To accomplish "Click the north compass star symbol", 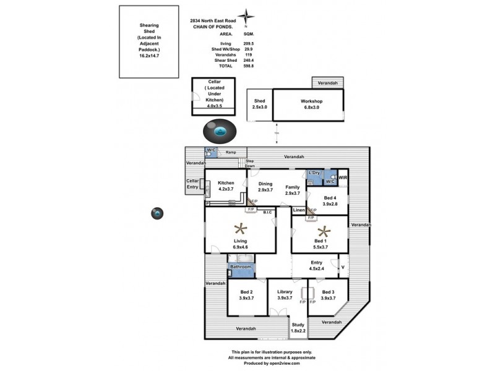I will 247,17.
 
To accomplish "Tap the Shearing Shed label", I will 149,40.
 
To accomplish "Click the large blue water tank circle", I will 219,132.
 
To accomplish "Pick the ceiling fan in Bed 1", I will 322,232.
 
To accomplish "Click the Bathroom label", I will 241,267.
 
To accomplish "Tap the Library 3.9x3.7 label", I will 284,294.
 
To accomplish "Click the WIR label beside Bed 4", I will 343,178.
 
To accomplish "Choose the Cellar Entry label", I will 193,184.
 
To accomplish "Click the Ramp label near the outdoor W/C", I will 231,151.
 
